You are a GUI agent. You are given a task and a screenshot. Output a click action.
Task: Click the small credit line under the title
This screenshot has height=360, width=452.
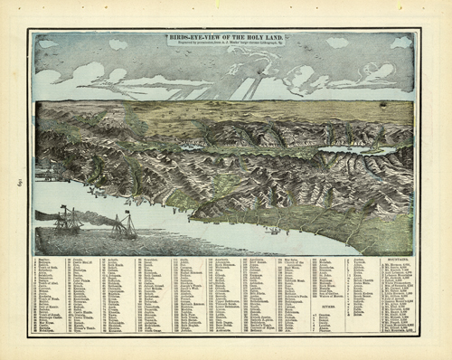coord(225,45)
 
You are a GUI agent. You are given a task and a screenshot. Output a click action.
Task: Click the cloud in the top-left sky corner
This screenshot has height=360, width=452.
coord(49,43)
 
